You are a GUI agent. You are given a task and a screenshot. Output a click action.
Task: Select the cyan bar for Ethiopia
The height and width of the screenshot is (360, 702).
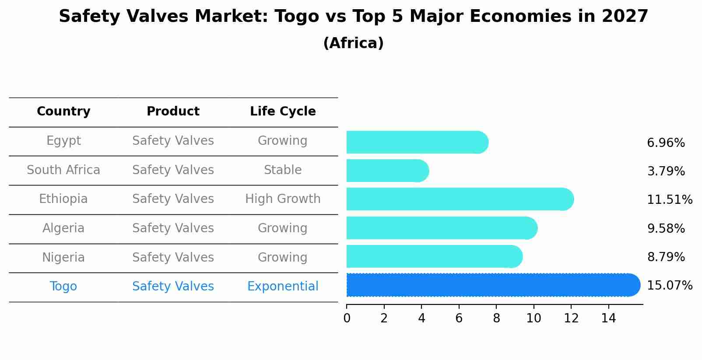[x=460, y=199]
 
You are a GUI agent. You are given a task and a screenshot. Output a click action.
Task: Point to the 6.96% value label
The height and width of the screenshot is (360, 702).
[x=665, y=143]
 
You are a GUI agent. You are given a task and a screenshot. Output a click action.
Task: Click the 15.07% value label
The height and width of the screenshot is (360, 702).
[x=669, y=286]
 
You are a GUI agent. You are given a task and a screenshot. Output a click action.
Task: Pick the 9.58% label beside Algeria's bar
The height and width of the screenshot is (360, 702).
[x=665, y=229]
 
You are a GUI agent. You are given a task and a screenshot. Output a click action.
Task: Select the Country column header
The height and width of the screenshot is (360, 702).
[x=63, y=112]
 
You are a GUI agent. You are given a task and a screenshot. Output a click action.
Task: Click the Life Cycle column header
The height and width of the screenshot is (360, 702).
[x=283, y=112]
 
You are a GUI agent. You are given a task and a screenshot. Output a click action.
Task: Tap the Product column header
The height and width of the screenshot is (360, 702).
[x=173, y=112]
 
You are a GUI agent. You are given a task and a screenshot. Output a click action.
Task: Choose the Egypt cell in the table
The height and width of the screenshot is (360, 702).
[x=63, y=141]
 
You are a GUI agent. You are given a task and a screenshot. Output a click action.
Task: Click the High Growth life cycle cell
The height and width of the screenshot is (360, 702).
[x=283, y=199]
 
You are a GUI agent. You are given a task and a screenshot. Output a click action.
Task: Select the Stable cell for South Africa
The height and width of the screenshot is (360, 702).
[x=283, y=170]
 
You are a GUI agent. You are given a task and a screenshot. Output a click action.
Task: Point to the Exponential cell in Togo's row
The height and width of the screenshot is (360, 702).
[x=283, y=287]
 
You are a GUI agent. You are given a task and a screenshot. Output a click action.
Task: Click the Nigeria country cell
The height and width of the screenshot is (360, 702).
[x=63, y=258]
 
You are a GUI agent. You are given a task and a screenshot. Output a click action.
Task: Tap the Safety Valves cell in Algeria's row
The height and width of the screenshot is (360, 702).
[x=173, y=228]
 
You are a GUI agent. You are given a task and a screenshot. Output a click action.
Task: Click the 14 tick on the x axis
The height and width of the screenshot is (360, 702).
[x=608, y=318]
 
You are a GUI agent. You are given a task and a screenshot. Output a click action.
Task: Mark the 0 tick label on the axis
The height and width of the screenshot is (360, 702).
[x=347, y=318]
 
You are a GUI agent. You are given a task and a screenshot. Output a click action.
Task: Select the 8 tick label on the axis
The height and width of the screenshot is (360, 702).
[x=496, y=318]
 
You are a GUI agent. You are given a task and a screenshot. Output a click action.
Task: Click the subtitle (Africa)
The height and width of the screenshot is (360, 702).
[x=353, y=43]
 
